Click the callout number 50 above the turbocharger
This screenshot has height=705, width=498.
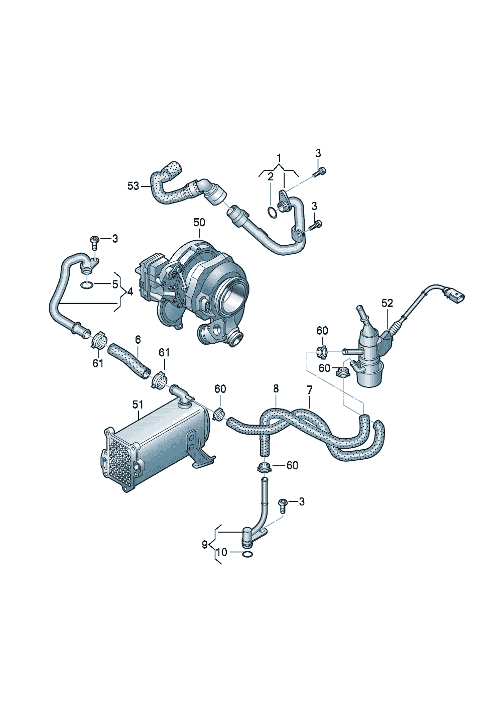[x=199, y=223]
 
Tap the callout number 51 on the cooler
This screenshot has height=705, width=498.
[x=138, y=405]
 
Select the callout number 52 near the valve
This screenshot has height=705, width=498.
[x=387, y=303]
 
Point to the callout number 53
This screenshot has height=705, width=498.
[x=133, y=186]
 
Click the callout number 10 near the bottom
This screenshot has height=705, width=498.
[x=222, y=552]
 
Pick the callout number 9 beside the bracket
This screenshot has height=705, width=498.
[x=205, y=544]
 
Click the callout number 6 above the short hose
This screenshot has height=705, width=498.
[x=138, y=340]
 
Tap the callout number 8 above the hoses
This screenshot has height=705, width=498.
[x=276, y=389]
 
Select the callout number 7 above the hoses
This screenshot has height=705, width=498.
[x=309, y=390]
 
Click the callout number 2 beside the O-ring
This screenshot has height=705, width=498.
[x=271, y=176]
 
